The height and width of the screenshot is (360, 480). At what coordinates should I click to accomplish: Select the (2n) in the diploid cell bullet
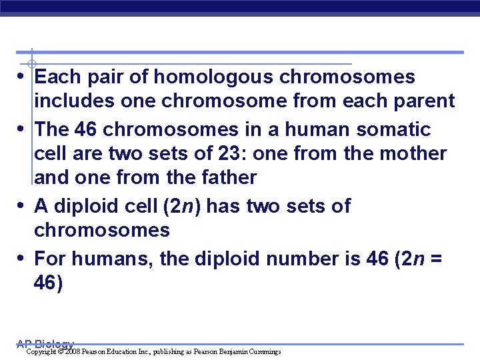coord(183,206)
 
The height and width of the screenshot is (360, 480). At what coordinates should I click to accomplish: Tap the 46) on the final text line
coord(49,283)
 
